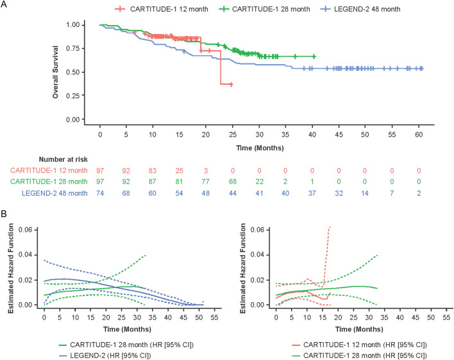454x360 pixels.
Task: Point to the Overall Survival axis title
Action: [57, 72]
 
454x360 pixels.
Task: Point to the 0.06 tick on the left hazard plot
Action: [31, 229]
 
